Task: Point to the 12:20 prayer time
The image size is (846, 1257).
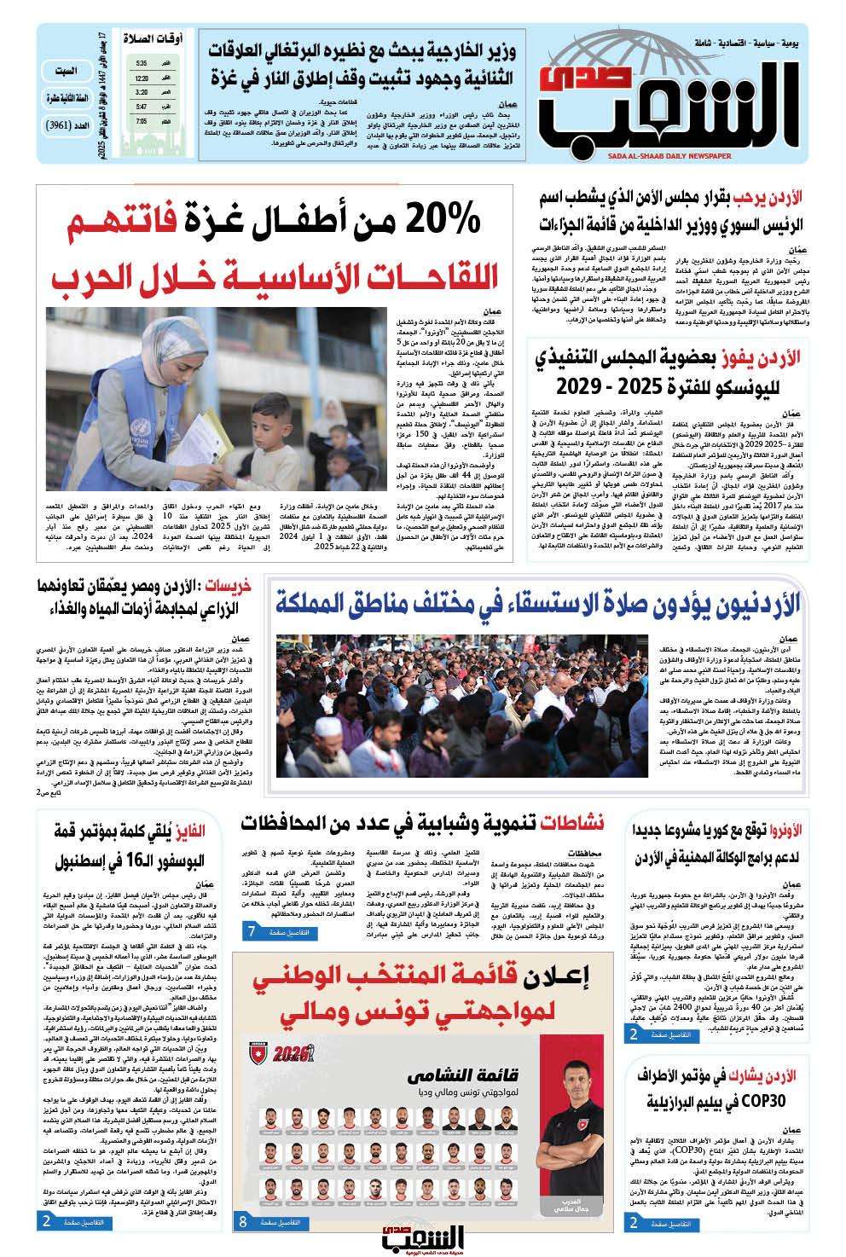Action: [142, 78]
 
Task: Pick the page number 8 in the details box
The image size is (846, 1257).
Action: [243, 1221]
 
